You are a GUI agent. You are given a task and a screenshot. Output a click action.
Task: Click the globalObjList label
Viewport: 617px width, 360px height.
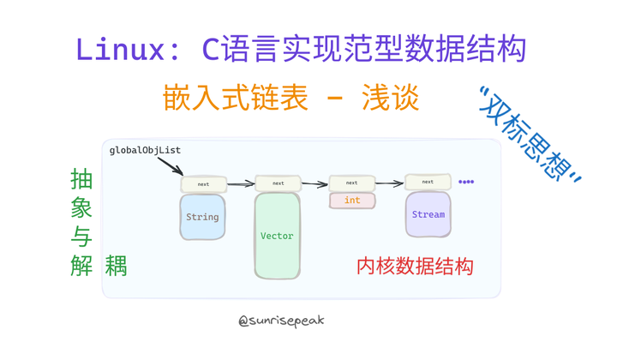(x=145, y=150)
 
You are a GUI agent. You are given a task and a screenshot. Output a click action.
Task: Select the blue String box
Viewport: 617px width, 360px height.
(x=203, y=217)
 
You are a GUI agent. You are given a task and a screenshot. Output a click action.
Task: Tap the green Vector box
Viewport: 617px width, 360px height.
(x=277, y=236)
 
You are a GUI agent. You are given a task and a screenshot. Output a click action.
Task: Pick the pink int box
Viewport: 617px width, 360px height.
(x=352, y=201)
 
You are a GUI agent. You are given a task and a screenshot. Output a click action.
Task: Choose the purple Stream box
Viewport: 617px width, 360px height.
(x=428, y=214)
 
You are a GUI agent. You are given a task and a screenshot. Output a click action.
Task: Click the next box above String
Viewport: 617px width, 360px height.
(x=203, y=183)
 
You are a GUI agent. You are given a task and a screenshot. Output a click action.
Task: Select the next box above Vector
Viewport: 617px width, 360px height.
(x=278, y=183)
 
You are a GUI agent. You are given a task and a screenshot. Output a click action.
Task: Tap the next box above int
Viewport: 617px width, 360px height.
(x=352, y=183)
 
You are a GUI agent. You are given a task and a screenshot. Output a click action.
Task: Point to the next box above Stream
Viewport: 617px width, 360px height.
(x=428, y=182)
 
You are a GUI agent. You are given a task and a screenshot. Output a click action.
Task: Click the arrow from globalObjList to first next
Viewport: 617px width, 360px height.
(x=169, y=165)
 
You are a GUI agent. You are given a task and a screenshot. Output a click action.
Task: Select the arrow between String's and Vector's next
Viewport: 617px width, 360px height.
(x=241, y=183)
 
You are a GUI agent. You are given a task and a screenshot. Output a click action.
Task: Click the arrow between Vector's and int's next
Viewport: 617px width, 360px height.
(x=315, y=183)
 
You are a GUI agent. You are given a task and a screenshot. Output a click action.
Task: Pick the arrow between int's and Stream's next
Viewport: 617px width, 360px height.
(x=390, y=183)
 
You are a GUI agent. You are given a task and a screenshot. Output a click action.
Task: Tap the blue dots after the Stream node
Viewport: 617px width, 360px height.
(x=466, y=182)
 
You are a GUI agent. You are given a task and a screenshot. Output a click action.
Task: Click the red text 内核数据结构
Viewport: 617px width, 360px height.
(x=415, y=267)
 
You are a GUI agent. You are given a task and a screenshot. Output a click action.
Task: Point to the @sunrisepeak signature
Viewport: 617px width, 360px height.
(x=281, y=321)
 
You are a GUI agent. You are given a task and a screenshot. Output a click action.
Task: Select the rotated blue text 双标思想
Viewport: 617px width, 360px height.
(x=530, y=135)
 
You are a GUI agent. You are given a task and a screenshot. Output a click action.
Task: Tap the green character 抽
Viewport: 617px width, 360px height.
(x=81, y=180)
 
